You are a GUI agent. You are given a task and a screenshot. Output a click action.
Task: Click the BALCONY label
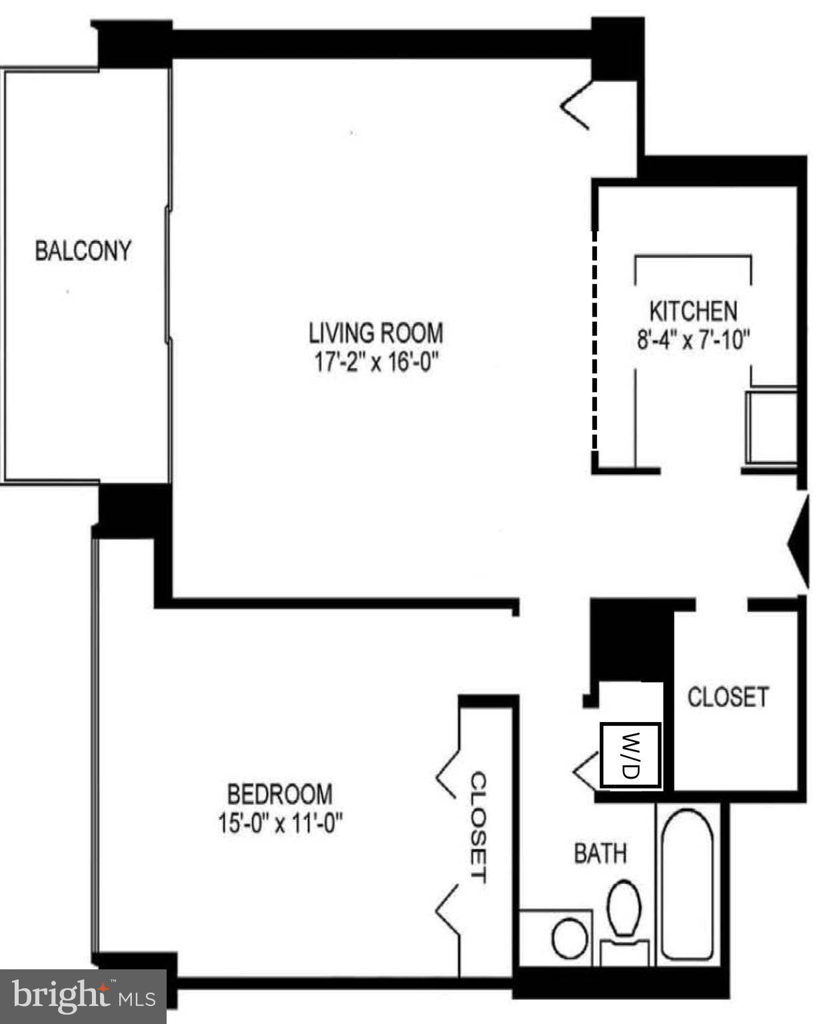coord(83,251)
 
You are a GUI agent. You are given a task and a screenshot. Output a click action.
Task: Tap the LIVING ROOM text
coord(376,332)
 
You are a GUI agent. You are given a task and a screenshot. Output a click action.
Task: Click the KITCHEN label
coord(693,311)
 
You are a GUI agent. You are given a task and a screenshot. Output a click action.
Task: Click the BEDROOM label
coord(280,794)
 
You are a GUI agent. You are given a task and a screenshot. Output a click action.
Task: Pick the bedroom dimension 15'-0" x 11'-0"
coord(280,824)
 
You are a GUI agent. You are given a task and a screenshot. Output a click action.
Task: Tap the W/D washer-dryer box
coord(630,755)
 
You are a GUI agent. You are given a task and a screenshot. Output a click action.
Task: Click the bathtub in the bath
coord(688,884)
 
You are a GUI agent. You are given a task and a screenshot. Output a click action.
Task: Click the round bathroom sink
coord(569,938)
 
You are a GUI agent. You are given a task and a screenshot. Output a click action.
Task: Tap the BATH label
coord(600,853)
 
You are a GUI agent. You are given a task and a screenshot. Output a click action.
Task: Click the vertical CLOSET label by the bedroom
coord(478,827)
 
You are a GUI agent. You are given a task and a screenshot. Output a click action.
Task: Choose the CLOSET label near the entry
coord(728,697)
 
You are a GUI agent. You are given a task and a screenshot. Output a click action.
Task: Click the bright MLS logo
coord(83,997)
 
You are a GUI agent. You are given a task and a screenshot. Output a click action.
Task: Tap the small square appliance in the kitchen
coord(772,427)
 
